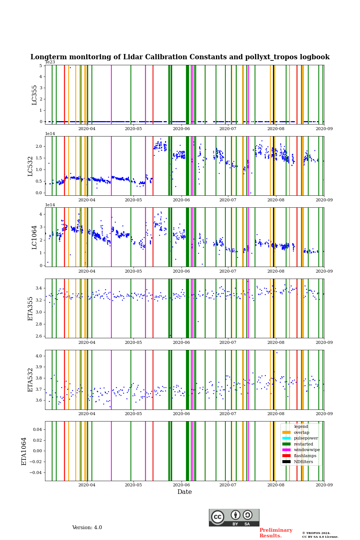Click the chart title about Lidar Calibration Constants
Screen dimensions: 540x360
coord(180,57)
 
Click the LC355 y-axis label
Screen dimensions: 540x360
coord(34,95)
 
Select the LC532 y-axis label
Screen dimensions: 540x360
coord(30,166)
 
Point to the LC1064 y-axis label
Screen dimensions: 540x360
coord(34,237)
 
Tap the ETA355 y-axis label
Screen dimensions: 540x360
coord(30,309)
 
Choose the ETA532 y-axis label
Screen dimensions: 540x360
coord(30,380)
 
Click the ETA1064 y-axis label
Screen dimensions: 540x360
coord(24,451)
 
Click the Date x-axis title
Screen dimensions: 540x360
coord(184,492)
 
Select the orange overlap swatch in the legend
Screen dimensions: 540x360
coord(286,432)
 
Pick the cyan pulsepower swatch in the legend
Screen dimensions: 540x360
coord(286,438)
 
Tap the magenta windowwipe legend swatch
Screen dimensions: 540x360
coord(286,450)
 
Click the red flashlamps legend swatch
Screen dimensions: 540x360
coord(286,456)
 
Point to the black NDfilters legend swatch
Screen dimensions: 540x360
coord(286,462)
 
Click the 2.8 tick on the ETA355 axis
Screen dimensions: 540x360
coord(39,324)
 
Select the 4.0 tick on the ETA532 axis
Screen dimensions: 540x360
coord(39,356)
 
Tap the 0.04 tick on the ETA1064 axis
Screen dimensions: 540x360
coord(37,429)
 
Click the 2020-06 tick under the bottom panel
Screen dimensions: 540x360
coord(181,485)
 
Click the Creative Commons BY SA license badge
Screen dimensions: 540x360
coord(234,517)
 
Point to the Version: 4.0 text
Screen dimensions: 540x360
coord(87,528)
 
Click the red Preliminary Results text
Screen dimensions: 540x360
coord(276,533)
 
